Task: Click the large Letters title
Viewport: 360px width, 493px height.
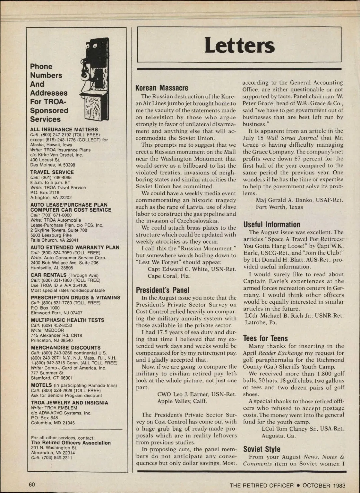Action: click(239, 45)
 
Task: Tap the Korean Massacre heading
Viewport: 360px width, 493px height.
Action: click(162, 88)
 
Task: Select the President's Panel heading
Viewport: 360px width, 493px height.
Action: click(163, 290)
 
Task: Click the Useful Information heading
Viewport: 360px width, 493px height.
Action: click(272, 225)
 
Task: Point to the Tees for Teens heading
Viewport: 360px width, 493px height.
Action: click(265, 339)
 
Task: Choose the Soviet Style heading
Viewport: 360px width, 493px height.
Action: click(262, 449)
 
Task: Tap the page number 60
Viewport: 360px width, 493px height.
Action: click(32, 485)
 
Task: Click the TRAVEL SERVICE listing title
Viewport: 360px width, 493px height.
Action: click(52, 172)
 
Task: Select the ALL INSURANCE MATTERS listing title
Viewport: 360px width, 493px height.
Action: click(64, 130)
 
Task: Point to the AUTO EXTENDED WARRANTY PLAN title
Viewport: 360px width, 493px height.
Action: click(75, 247)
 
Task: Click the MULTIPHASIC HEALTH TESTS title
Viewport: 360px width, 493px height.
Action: click(67, 320)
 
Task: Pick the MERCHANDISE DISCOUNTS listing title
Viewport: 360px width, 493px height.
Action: click(66, 348)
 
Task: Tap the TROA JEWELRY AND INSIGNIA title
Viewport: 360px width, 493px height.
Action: click(70, 403)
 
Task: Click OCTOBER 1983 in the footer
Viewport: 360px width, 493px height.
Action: click(324, 485)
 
